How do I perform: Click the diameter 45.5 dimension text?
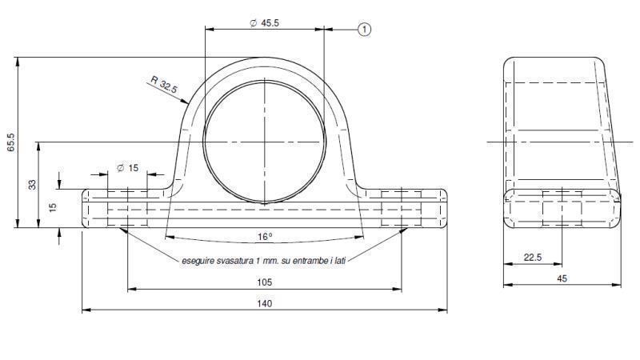click(x=265, y=23)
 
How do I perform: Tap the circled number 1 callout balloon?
click(x=364, y=30)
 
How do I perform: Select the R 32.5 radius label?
click(x=163, y=85)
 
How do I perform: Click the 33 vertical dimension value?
click(x=32, y=185)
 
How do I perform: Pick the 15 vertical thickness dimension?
click(x=53, y=207)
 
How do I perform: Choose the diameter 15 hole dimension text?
click(x=128, y=168)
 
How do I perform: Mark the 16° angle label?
click(x=265, y=236)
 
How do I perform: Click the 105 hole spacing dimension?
click(x=265, y=282)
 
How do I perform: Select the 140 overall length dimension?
click(x=265, y=304)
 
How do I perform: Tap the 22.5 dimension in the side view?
click(x=532, y=258)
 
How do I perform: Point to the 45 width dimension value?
click(x=562, y=278)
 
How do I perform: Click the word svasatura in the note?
click(x=234, y=260)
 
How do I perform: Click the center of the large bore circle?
click(x=265, y=142)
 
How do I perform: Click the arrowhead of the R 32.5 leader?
click(x=189, y=106)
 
